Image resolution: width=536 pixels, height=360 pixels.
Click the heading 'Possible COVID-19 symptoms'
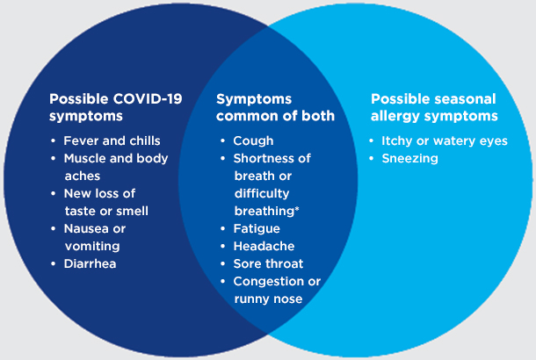115,107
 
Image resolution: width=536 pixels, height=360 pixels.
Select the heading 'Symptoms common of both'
275,107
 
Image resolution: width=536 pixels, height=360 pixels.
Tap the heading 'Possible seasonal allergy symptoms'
434,107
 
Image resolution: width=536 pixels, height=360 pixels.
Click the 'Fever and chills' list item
112,140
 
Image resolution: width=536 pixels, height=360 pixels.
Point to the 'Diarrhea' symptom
90,263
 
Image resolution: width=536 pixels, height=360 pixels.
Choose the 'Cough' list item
253,141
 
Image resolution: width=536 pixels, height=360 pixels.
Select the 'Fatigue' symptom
257,229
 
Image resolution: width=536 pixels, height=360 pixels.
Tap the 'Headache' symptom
264,246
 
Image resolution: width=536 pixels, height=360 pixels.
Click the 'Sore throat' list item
268,263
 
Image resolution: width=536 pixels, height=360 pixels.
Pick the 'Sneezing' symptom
409,158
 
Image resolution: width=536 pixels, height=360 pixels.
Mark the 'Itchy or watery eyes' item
445,141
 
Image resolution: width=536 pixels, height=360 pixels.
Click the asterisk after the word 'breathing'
297,208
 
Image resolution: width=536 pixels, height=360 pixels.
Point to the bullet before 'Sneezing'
372,158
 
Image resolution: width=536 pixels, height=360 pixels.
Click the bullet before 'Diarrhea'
53,263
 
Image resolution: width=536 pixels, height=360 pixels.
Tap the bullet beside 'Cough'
222,140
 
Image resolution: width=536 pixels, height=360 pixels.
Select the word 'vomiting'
92,247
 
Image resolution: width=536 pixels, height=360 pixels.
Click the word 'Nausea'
84,228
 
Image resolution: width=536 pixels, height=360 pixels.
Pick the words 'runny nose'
268,299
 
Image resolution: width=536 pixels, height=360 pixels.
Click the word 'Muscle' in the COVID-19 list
84,158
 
